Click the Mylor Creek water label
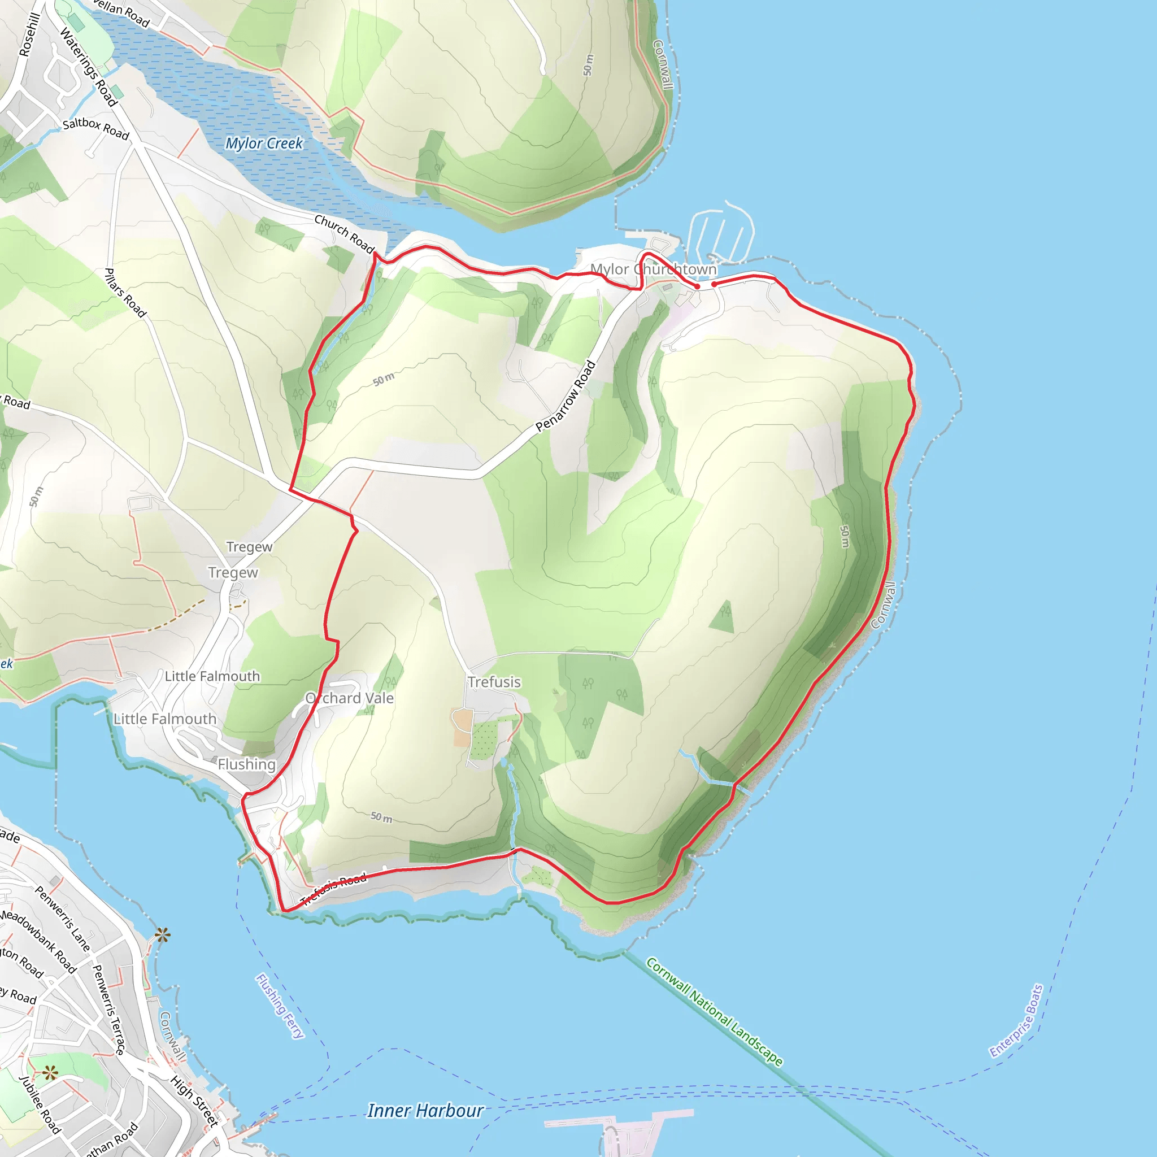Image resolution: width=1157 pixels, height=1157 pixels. pos(264,143)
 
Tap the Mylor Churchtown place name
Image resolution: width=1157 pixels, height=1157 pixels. pos(654,269)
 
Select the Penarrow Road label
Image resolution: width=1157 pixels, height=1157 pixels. pos(566,395)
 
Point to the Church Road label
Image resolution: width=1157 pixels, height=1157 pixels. pos(345,234)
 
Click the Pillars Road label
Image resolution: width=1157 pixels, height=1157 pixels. pos(125,293)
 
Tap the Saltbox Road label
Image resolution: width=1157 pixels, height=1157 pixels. pos(96,128)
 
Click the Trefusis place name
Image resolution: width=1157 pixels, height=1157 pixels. pos(494,682)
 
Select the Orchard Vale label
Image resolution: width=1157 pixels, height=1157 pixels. pos(350,698)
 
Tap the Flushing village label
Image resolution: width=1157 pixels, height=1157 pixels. pos(246,765)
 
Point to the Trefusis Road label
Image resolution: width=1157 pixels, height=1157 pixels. pos(333,889)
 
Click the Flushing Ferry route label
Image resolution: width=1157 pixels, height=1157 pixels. pos(280,1006)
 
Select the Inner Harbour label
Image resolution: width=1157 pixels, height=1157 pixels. pos(425,1111)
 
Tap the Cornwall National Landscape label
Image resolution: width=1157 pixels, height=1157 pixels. pos(714,1012)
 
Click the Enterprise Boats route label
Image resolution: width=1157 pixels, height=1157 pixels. pos(1016,1021)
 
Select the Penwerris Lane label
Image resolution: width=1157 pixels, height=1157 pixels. pos(62,919)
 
